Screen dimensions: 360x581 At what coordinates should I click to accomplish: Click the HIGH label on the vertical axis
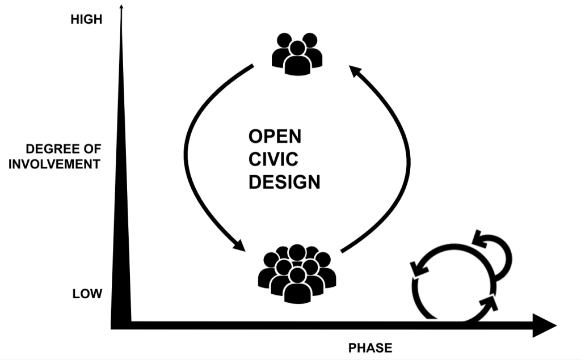[86, 20]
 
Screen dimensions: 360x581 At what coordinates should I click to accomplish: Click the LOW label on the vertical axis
[87, 294]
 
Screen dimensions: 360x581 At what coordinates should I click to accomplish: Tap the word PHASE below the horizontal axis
[370, 348]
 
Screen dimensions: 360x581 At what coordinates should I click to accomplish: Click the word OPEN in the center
[275, 137]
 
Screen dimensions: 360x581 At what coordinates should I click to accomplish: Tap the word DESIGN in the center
[284, 183]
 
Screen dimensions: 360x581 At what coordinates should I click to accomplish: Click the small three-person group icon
[297, 54]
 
